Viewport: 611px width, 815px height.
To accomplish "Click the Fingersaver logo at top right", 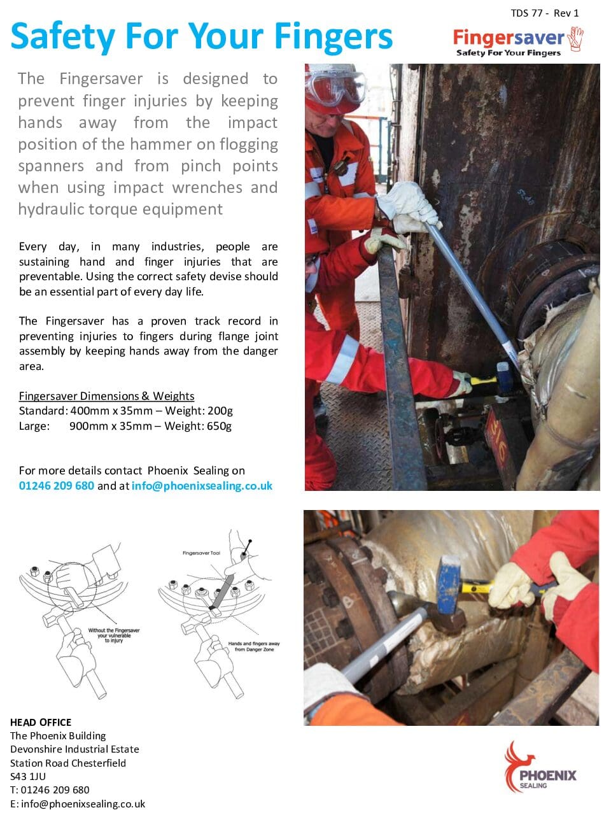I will point(517,41).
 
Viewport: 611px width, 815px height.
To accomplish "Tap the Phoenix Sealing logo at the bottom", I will point(540,767).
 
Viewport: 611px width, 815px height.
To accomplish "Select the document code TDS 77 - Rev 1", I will point(544,13).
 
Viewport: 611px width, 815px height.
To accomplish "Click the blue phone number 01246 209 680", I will point(57,486).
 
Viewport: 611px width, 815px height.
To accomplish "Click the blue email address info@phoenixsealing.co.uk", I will point(202,486).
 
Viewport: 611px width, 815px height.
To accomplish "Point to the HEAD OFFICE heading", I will point(41,722).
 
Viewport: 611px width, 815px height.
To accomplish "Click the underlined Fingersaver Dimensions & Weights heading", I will point(106,396).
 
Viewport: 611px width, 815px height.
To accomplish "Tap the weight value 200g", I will point(220,411).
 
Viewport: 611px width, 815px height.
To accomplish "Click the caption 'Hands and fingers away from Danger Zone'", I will point(253,646).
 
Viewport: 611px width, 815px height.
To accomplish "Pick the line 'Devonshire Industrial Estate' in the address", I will point(74,749).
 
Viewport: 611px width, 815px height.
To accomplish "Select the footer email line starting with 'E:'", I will point(78,804).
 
